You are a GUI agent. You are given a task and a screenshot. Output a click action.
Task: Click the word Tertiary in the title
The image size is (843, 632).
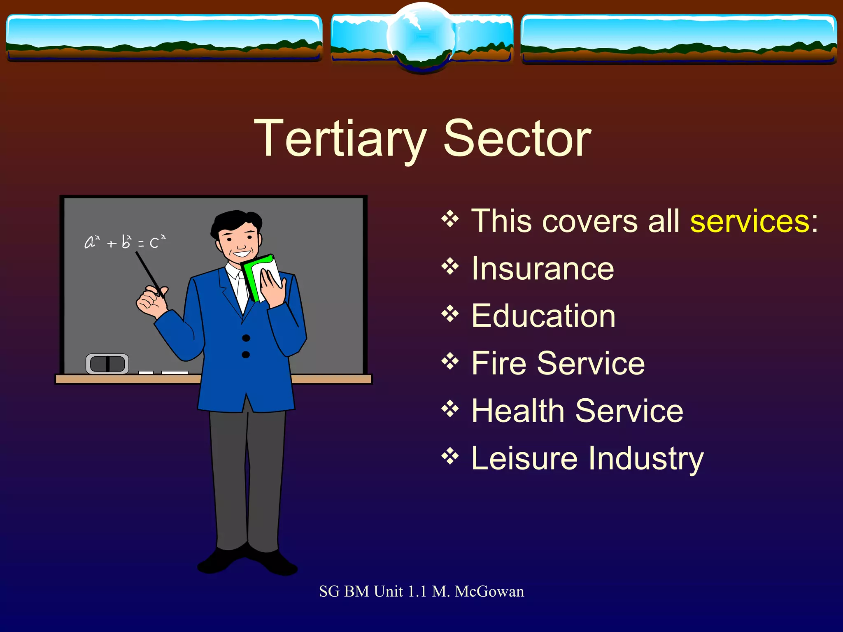[340, 139]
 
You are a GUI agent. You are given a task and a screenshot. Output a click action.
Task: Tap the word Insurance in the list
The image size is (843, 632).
[543, 269]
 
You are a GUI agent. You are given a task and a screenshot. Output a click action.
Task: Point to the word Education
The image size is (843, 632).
[543, 316]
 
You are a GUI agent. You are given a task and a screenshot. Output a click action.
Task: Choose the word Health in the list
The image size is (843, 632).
[518, 411]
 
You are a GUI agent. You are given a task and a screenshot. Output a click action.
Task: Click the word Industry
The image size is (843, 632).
[646, 459]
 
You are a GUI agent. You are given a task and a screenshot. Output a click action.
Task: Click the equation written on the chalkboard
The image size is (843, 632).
[125, 242]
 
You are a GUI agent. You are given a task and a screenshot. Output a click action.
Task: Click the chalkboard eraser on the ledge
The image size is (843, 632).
[107, 364]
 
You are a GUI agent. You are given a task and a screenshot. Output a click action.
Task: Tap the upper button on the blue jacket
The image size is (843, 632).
[246, 338]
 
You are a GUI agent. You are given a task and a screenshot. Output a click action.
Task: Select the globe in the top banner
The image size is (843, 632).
[421, 37]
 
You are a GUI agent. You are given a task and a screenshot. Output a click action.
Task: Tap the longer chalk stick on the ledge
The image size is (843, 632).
[175, 373]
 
